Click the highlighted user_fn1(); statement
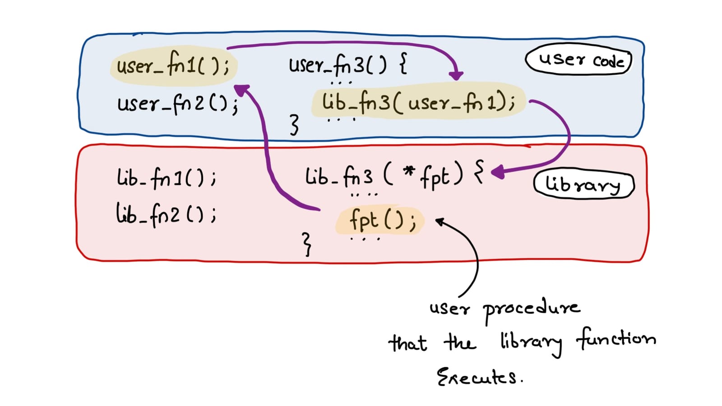click(x=173, y=66)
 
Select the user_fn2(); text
click(x=177, y=104)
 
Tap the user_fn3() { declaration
click(x=348, y=65)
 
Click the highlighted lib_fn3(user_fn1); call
click(x=418, y=101)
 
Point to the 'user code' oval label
click(x=579, y=60)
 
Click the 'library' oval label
click(x=583, y=185)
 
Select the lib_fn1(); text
click(x=166, y=177)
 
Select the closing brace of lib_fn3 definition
click(x=307, y=244)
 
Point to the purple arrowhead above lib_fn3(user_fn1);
click(x=457, y=75)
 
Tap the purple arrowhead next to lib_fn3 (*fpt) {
click(x=497, y=172)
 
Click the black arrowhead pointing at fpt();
click(x=439, y=221)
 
